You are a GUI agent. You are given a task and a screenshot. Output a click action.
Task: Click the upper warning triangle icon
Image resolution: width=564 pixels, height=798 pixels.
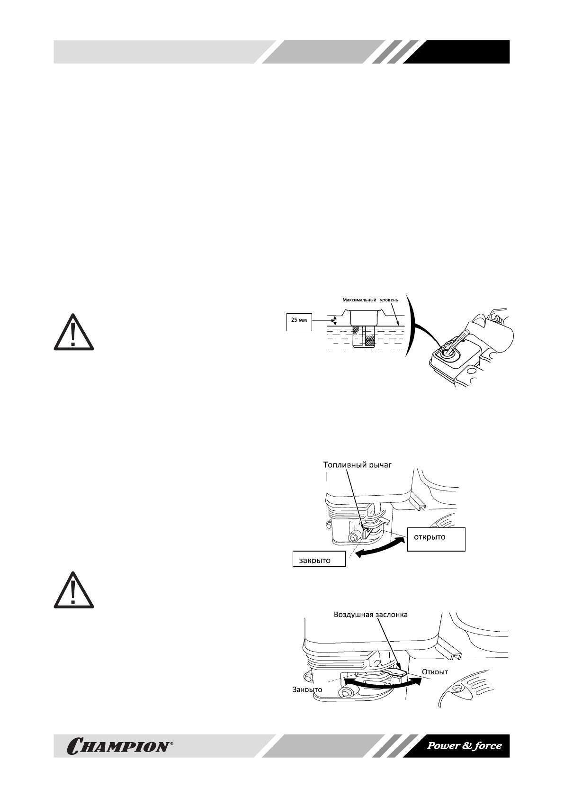click(73, 332)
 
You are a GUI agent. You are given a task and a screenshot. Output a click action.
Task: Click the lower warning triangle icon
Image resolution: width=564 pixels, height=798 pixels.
click(73, 590)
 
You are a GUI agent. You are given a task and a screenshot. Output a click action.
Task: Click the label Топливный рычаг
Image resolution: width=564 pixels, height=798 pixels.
click(358, 465)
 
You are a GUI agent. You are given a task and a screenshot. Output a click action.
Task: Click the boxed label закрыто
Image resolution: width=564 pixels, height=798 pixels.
click(314, 561)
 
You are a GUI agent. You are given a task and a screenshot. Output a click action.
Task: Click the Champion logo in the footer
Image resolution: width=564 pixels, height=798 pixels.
click(121, 746)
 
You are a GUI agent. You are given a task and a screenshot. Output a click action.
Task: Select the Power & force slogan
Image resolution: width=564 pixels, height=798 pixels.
click(464, 746)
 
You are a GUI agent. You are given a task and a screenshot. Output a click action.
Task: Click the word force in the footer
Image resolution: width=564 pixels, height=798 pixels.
click(488, 746)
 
